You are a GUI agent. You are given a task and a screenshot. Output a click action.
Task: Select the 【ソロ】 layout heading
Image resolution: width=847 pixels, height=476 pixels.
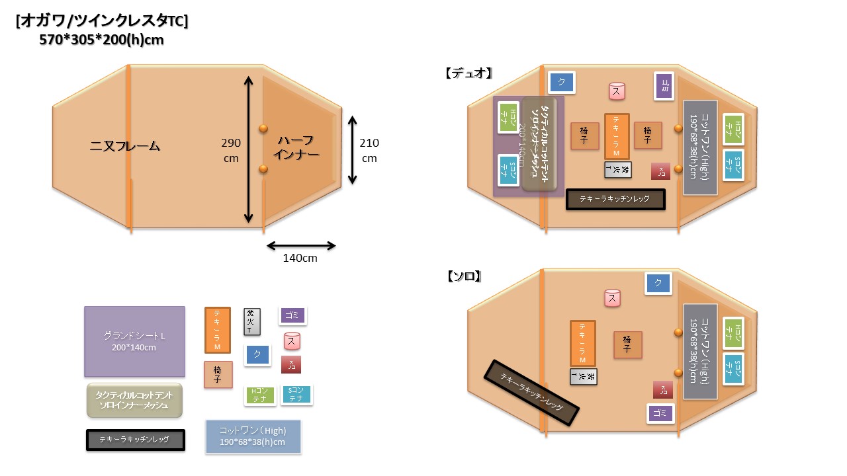click(x=464, y=276)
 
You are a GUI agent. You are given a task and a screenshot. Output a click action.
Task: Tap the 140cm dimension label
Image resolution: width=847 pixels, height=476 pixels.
click(x=300, y=258)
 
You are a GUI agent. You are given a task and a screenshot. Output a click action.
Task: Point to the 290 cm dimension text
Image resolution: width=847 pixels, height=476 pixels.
click(x=232, y=150)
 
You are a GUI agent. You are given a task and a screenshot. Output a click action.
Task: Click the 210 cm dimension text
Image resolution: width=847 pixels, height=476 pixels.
click(x=369, y=150)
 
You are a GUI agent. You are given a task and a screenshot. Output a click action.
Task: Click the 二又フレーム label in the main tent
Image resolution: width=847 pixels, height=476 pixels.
click(x=125, y=146)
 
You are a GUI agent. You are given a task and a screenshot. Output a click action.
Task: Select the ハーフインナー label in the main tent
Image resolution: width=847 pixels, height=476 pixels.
click(x=298, y=147)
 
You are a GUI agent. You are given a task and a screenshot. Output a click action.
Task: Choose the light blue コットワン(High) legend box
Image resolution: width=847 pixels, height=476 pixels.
click(x=253, y=436)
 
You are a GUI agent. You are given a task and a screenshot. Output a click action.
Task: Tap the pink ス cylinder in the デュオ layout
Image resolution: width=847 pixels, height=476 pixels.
click(x=617, y=91)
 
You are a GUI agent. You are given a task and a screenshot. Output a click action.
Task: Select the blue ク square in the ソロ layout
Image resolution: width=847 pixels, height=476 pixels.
click(x=658, y=283)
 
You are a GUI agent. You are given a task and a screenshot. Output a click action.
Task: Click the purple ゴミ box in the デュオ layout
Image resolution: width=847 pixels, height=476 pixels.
click(x=664, y=86)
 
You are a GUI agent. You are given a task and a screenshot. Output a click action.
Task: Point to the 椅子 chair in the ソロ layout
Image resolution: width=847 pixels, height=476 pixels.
click(x=627, y=344)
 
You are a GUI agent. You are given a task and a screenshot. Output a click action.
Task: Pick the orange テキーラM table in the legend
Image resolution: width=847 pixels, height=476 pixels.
click(x=218, y=330)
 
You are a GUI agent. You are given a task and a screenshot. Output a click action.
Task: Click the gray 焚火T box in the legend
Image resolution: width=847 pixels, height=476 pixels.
click(x=252, y=322)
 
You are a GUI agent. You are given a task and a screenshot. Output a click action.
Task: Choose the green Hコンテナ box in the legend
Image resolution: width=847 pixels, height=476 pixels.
click(x=259, y=395)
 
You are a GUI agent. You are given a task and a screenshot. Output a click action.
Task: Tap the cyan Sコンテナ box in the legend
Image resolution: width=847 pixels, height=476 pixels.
click(x=296, y=395)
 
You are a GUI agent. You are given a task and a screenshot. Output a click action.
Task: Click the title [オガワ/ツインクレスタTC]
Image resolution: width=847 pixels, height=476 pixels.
click(x=102, y=21)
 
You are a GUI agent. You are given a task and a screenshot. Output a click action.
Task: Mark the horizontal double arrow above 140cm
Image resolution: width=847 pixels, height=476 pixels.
click(x=301, y=246)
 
